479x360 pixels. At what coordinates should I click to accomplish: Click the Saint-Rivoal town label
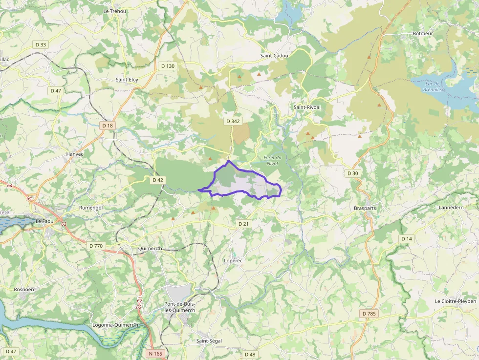point(307,107)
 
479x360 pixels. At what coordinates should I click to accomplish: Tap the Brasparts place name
point(365,208)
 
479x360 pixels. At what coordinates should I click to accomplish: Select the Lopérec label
point(233,260)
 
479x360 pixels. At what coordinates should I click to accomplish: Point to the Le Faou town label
point(44,221)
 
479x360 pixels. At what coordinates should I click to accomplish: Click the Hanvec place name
point(75,154)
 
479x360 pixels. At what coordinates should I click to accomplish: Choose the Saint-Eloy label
point(127,79)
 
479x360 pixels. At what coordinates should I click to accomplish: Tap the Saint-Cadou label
point(274,56)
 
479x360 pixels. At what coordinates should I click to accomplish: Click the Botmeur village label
point(423,34)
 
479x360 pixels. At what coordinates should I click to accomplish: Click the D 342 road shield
point(233,121)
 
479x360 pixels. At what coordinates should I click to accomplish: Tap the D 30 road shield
point(353,173)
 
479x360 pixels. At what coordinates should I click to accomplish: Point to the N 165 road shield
point(155,353)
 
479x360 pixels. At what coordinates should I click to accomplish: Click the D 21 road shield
point(243,223)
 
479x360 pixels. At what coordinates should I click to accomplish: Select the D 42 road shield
point(157,180)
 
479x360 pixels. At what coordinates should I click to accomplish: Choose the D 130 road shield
point(168,66)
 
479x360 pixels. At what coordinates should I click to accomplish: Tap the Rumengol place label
point(91,208)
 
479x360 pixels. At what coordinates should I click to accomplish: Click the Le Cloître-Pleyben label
point(455,301)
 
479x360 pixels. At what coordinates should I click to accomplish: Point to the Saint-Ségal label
point(209,340)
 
